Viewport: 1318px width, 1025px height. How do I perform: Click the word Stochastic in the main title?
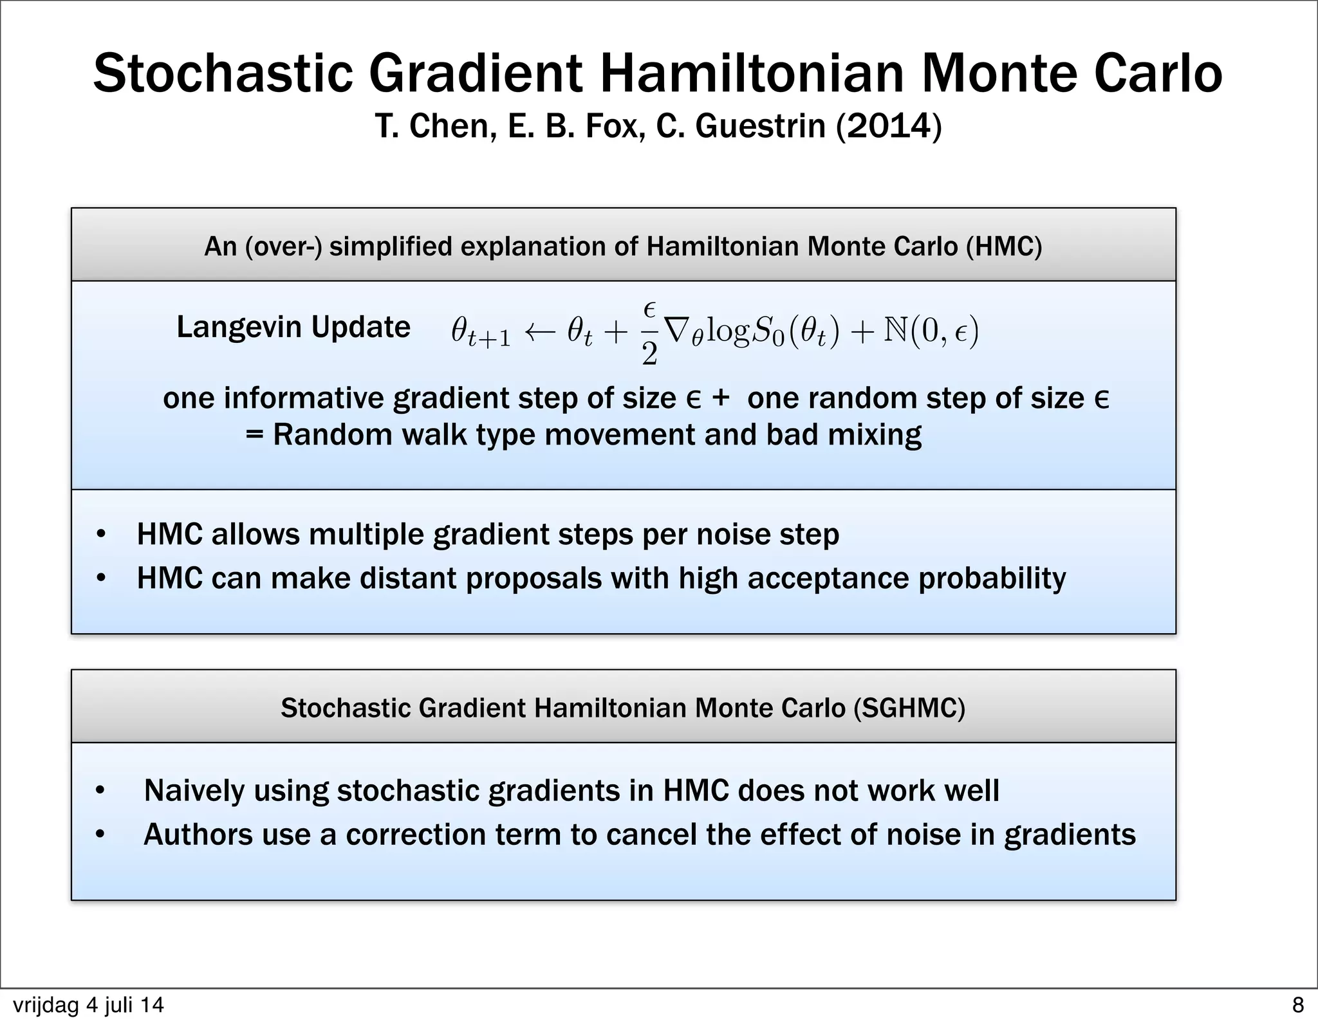(223, 73)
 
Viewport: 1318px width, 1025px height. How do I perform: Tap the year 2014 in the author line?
(888, 125)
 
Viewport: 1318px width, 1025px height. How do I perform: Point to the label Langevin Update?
(293, 327)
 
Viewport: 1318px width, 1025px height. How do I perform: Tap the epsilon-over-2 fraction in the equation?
(649, 333)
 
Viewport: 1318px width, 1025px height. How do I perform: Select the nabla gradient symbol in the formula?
(676, 331)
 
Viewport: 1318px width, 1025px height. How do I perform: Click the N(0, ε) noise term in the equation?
(931, 332)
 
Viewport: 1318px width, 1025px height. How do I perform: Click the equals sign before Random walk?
(255, 435)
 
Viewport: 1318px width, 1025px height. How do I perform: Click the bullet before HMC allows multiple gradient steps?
(100, 535)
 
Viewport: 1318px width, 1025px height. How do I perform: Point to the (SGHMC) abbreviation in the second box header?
(909, 708)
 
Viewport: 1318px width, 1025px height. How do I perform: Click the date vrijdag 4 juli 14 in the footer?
(88, 1005)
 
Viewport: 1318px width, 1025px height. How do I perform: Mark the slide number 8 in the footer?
(1297, 1005)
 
